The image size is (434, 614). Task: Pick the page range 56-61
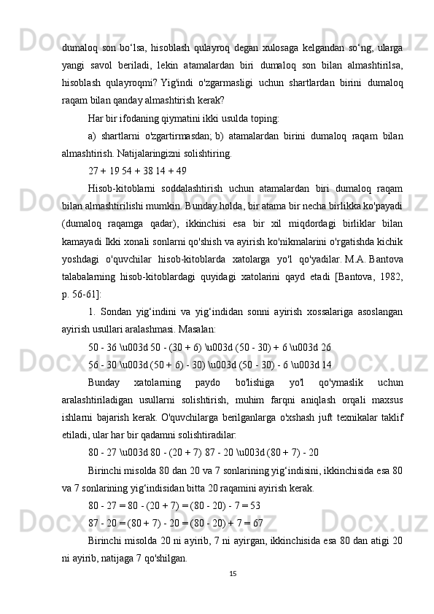click(x=83, y=294)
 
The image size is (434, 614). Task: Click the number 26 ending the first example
click(x=325, y=346)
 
